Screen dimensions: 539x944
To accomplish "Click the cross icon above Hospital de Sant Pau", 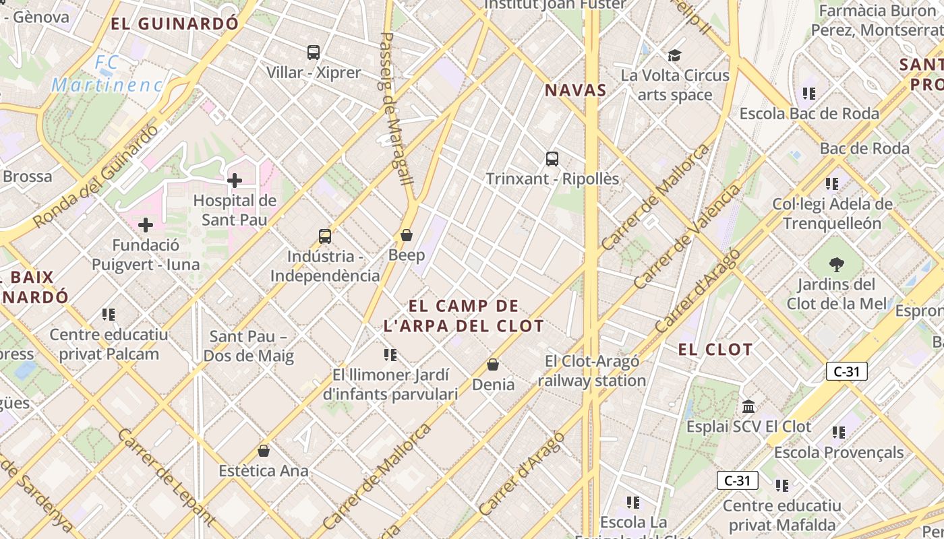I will point(235,181).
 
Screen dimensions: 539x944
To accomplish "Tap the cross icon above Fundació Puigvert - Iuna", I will point(146,225).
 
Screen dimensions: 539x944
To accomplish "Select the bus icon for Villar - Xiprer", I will point(314,52).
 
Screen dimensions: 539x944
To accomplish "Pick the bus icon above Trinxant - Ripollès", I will point(552,159).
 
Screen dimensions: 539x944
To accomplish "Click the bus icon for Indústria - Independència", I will point(325,236).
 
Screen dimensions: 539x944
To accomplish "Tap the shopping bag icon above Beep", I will point(407,235).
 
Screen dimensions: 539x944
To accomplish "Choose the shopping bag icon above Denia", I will point(493,364).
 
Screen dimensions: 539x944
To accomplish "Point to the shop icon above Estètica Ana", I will point(264,451).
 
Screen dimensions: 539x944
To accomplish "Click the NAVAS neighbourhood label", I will point(576,90).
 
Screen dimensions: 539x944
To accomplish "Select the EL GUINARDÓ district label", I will point(175,24).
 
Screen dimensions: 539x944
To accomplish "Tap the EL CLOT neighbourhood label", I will point(715,349).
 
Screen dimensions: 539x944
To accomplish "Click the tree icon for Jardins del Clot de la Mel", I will point(837,263).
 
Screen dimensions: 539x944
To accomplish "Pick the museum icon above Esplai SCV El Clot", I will point(748,407).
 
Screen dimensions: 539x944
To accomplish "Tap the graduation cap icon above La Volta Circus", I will point(674,55).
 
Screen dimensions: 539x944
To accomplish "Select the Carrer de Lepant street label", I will point(166,476).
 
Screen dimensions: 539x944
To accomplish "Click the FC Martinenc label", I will point(107,73).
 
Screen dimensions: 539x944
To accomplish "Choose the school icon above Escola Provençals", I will point(839,432).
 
